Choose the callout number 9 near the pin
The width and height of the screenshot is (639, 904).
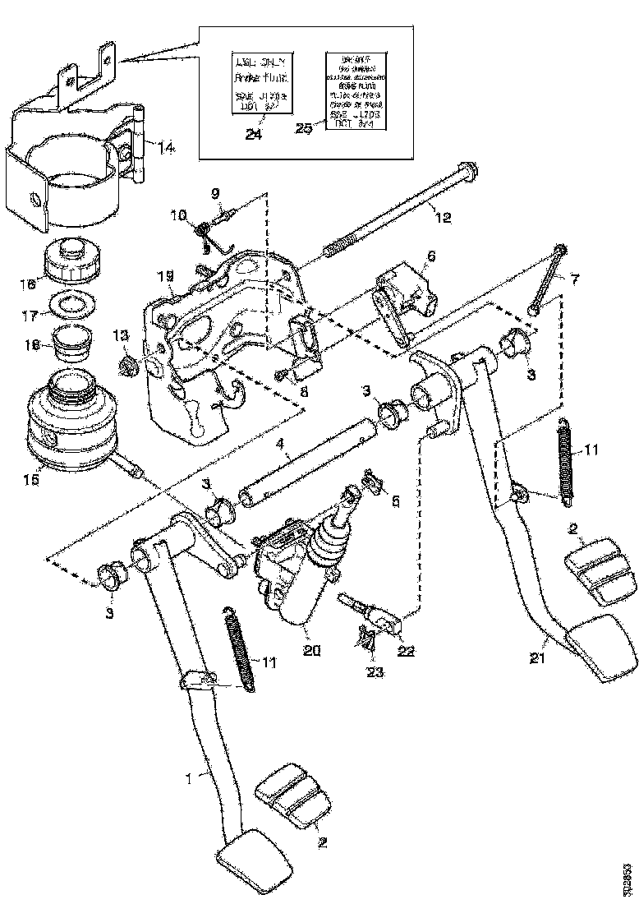click(215, 194)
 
